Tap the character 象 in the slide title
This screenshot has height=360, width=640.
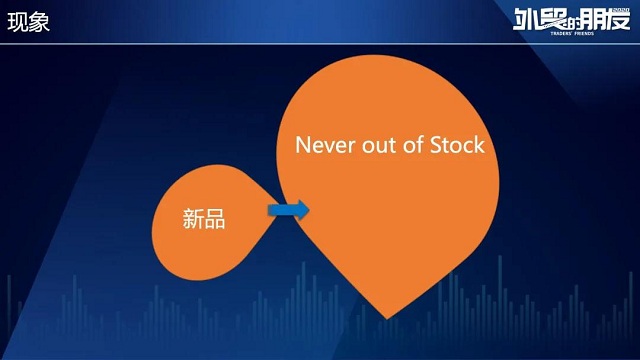click(39, 23)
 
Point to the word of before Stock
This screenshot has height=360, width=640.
click(412, 145)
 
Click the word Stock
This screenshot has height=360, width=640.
click(457, 145)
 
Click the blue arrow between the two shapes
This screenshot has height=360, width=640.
click(288, 210)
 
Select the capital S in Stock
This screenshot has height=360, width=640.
click(436, 145)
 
